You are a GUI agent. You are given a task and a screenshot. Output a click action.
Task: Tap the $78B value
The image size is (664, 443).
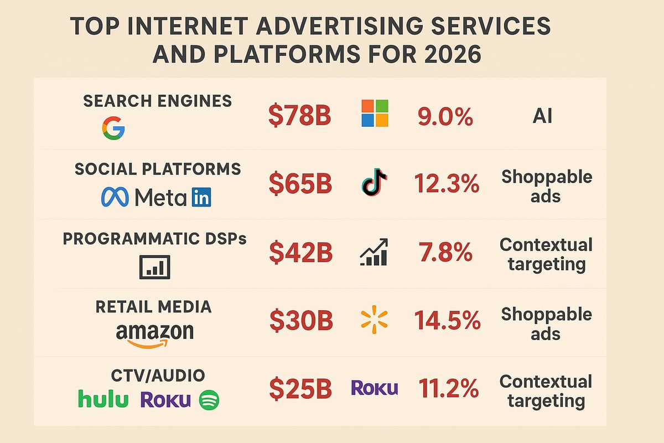tap(299, 117)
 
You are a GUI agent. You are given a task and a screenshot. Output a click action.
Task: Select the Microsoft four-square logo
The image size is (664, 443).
tap(374, 114)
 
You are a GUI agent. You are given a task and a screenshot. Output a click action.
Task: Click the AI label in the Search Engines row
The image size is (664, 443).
tap(542, 117)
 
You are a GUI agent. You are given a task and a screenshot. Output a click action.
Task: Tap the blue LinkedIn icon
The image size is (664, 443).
tap(201, 197)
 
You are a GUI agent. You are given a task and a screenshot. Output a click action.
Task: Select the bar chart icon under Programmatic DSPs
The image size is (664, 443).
tap(154, 267)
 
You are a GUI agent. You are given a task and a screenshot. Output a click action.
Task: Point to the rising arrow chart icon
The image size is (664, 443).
tap(374, 253)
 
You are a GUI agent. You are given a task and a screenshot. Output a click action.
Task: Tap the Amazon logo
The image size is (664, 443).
tap(155, 334)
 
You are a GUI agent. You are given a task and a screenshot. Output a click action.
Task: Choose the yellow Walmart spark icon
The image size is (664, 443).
tap(373, 321)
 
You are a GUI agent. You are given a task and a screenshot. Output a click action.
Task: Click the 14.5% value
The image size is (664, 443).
tap(447, 321)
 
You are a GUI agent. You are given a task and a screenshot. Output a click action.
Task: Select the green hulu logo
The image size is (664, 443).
tap(103, 399)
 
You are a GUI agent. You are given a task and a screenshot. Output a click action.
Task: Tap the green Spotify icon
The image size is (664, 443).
tap(209, 399)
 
